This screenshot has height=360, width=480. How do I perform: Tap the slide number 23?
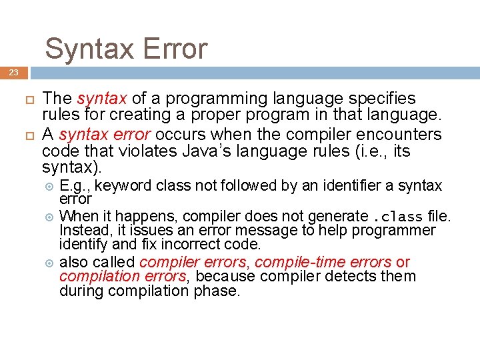point(14,73)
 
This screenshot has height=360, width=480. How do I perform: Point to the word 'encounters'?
point(397,135)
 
